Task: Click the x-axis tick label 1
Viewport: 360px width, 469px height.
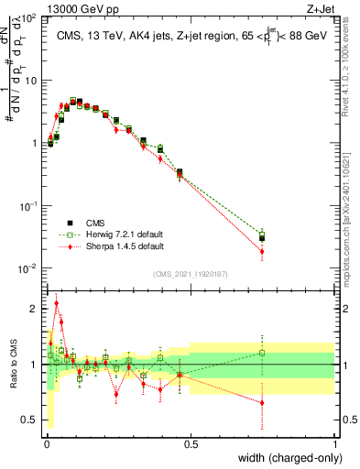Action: coord(335,444)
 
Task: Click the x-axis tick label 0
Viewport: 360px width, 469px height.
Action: coord(46,444)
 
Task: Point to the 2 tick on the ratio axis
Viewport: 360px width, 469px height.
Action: coord(36,309)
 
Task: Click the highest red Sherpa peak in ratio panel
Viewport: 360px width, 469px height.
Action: coord(57,303)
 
